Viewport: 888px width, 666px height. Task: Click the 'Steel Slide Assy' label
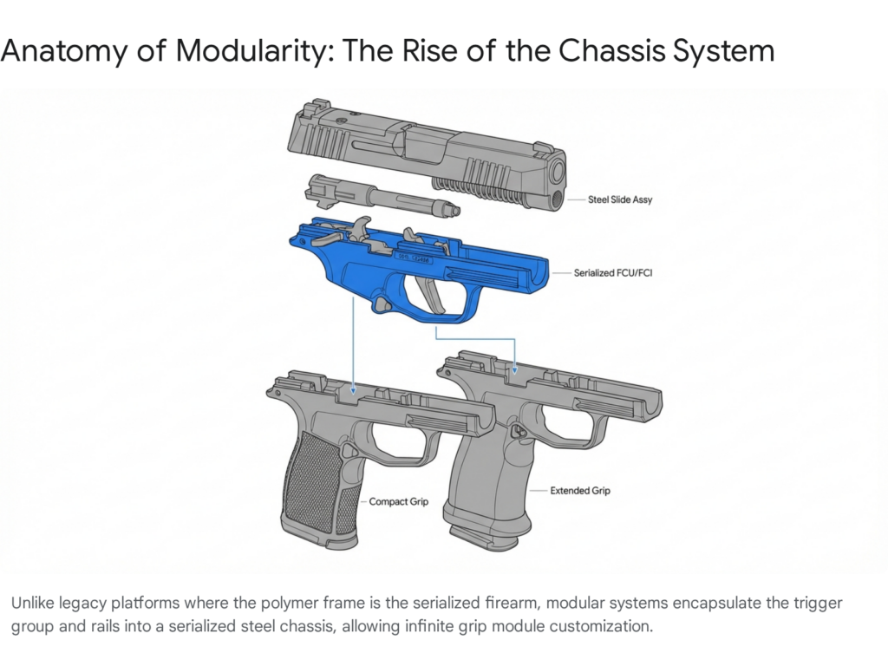pos(619,199)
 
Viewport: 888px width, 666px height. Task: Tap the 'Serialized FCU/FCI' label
pos(613,273)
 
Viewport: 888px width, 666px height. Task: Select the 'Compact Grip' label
pos(399,502)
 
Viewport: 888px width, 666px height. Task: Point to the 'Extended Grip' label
pos(580,491)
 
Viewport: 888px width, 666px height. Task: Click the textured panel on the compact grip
pos(315,482)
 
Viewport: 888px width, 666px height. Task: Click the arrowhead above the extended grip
pos(515,369)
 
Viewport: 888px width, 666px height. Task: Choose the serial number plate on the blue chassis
pos(414,259)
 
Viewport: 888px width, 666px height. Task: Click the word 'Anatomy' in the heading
pos(64,51)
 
